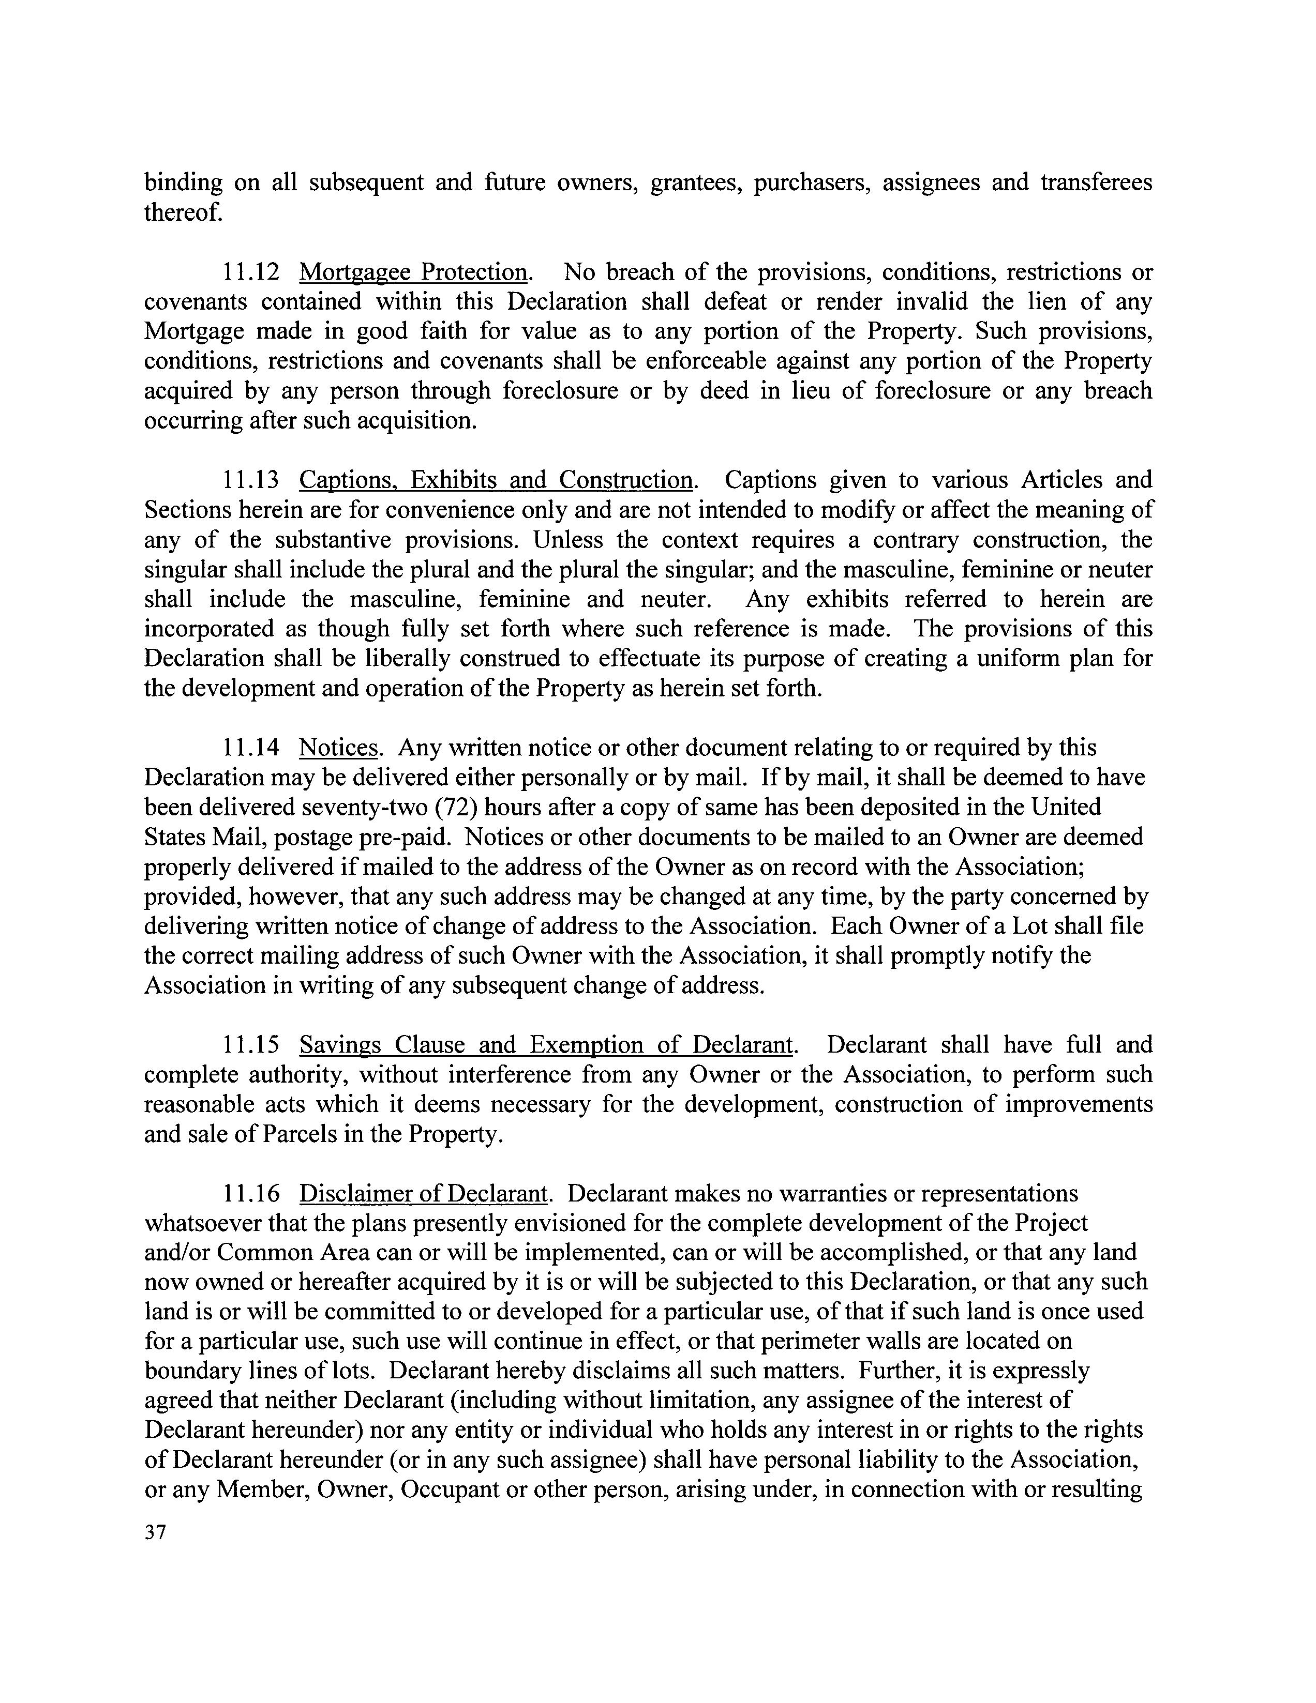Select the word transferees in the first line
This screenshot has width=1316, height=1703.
coord(1096,183)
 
